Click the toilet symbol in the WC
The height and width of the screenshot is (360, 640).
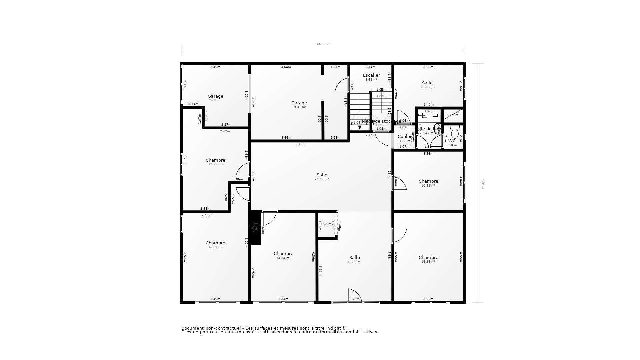455,132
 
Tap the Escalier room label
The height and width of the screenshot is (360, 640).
371,75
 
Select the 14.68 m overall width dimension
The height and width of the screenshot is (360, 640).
323,44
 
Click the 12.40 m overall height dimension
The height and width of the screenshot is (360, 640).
483,183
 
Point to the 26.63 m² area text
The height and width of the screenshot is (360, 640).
322,179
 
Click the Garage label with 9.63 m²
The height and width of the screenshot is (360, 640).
215,96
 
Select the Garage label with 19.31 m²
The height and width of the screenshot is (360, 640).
299,103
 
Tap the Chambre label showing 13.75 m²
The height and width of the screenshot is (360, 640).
215,160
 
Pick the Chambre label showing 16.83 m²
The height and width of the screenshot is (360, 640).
215,243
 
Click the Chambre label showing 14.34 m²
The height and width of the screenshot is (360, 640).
283,254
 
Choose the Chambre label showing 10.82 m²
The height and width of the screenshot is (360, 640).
428,181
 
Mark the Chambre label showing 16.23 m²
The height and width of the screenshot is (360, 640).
428,258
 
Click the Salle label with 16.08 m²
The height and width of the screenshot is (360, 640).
355,258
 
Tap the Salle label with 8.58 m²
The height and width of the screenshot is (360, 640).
427,83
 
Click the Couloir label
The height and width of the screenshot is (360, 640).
405,137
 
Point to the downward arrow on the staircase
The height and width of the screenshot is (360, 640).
360,127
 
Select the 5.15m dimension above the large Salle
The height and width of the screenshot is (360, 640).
300,144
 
